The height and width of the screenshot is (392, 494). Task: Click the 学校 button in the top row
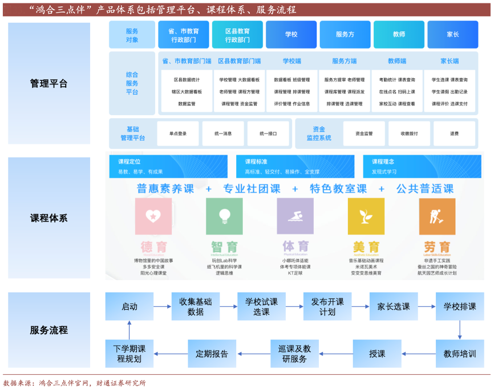tap(291, 35)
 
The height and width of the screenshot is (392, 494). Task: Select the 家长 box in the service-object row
tap(453, 35)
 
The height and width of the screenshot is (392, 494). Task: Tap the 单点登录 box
tap(178, 134)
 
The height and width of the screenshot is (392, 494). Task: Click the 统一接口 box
tap(268, 134)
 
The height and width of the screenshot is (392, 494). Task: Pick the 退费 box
tap(454, 134)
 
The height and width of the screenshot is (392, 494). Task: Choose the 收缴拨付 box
tap(409, 134)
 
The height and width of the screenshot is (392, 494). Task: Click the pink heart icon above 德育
tap(153, 216)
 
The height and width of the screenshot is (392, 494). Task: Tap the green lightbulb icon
tap(224, 216)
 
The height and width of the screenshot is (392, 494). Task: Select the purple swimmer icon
tap(295, 216)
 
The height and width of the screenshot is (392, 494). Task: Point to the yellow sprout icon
tap(366, 216)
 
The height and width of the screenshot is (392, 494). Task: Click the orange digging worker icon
tap(437, 216)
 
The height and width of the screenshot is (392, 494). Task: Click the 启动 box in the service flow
tap(129, 306)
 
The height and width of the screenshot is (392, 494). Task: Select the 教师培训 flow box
tap(460, 354)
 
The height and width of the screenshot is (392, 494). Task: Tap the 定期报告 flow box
tap(212, 354)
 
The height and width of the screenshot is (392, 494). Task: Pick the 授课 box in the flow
tap(377, 354)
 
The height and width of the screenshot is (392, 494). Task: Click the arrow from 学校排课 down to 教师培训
tap(460, 330)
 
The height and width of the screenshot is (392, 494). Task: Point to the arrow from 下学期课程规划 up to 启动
tap(129, 330)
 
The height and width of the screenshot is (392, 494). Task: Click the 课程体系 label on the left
tap(49, 218)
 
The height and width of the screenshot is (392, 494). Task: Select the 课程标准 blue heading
tap(256, 162)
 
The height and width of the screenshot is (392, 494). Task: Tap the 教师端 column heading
tap(397, 61)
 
